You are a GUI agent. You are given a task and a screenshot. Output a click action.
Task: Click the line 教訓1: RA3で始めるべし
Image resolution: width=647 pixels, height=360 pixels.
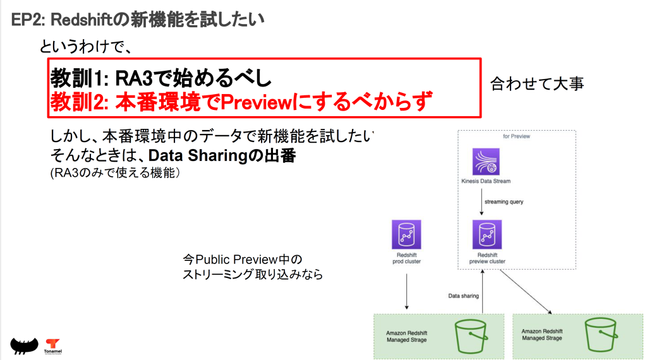[x=161, y=78]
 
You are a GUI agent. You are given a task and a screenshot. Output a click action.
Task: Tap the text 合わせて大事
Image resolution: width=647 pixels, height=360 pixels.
[x=537, y=83]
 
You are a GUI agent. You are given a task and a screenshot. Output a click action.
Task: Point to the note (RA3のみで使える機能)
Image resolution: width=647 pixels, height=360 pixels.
[x=116, y=172]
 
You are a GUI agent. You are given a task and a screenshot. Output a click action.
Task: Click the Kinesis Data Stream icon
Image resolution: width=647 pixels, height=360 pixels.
[x=486, y=162]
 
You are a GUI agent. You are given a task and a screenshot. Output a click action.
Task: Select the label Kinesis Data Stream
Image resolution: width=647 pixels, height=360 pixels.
[x=486, y=181]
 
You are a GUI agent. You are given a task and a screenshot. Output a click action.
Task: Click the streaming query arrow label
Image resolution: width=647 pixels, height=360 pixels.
[x=504, y=202]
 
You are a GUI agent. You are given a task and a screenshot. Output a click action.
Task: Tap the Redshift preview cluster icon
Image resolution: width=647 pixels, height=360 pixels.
[x=487, y=234]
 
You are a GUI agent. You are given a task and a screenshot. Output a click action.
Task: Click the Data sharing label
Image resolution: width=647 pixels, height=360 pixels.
[x=464, y=295]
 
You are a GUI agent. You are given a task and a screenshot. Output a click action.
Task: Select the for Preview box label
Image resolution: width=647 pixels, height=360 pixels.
[x=516, y=136]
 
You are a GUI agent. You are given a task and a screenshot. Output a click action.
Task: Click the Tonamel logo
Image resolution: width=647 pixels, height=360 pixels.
[x=52, y=345]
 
